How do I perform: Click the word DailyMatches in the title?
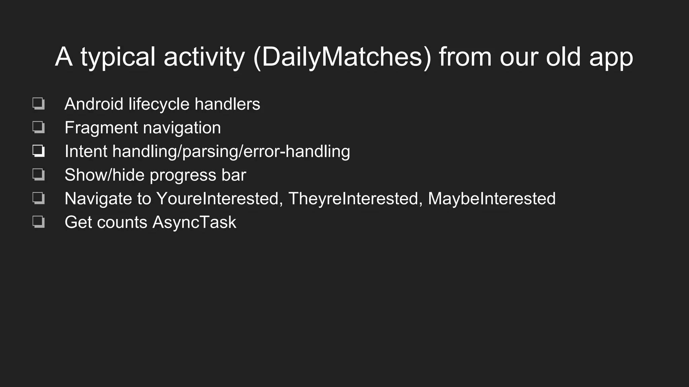[341, 57]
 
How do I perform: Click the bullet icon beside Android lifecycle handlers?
[39, 103]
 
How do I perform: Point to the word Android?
[94, 104]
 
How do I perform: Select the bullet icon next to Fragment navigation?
[39, 127]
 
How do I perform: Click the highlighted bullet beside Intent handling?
[39, 151]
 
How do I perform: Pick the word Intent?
[85, 151]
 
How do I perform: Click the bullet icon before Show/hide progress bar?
[39, 175]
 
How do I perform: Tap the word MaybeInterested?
[492, 199]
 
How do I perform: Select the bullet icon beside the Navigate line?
[39, 198]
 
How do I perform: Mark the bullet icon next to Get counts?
[39, 222]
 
